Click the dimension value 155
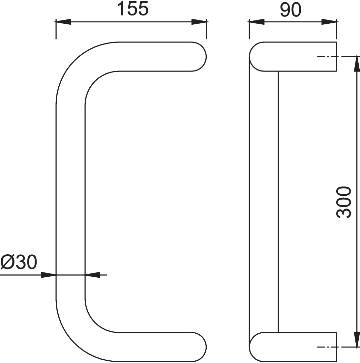tap(133, 9)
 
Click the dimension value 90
tap(291, 10)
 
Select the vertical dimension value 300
tap(344, 203)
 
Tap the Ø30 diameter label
tap(18, 263)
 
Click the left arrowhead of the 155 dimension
tap(63, 22)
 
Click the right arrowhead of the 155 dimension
tap(199, 22)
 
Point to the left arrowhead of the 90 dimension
tap(257, 22)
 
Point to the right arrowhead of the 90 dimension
tap(329, 22)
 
